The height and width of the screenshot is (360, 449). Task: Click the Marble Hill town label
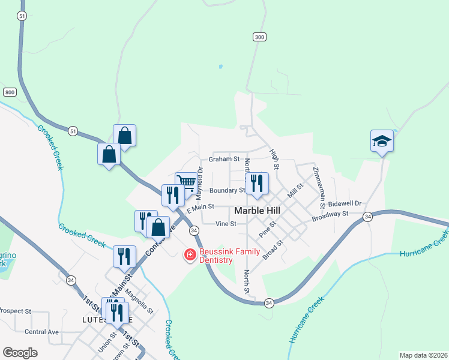tap(259, 211)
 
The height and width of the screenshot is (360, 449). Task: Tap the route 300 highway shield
tap(259, 37)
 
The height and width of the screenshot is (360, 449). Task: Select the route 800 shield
tap(10, 92)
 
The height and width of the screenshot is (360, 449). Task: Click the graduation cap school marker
tap(382, 142)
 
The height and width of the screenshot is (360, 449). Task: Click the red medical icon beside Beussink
tap(190, 256)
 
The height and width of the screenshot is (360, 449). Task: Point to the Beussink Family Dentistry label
tap(215, 256)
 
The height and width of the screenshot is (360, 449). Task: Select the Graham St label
tap(224, 160)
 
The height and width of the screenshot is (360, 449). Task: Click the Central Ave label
tap(42, 332)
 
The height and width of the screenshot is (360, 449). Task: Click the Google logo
tap(20, 353)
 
